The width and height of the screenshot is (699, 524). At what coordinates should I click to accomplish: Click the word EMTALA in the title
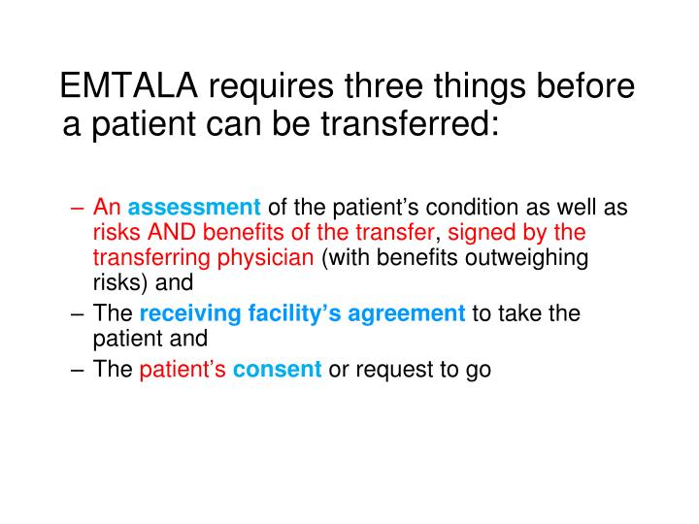point(129,87)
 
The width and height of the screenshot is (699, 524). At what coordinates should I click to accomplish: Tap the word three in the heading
point(385,87)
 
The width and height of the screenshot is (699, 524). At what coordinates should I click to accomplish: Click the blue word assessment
point(194,208)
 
